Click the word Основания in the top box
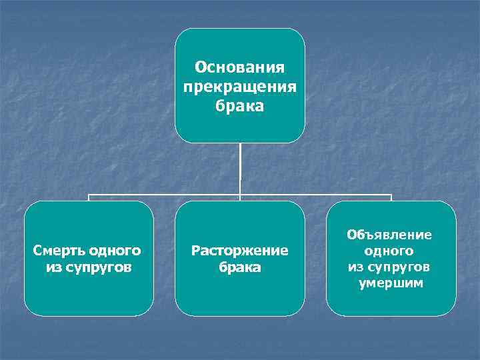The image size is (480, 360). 240,68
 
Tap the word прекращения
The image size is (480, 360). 240,87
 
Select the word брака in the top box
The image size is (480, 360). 240,105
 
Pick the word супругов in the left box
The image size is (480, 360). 97,267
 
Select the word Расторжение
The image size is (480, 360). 240,251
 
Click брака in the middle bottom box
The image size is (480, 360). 240,267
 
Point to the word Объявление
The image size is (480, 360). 389,235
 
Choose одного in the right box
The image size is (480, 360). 389,251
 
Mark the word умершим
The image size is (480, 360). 390,283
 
